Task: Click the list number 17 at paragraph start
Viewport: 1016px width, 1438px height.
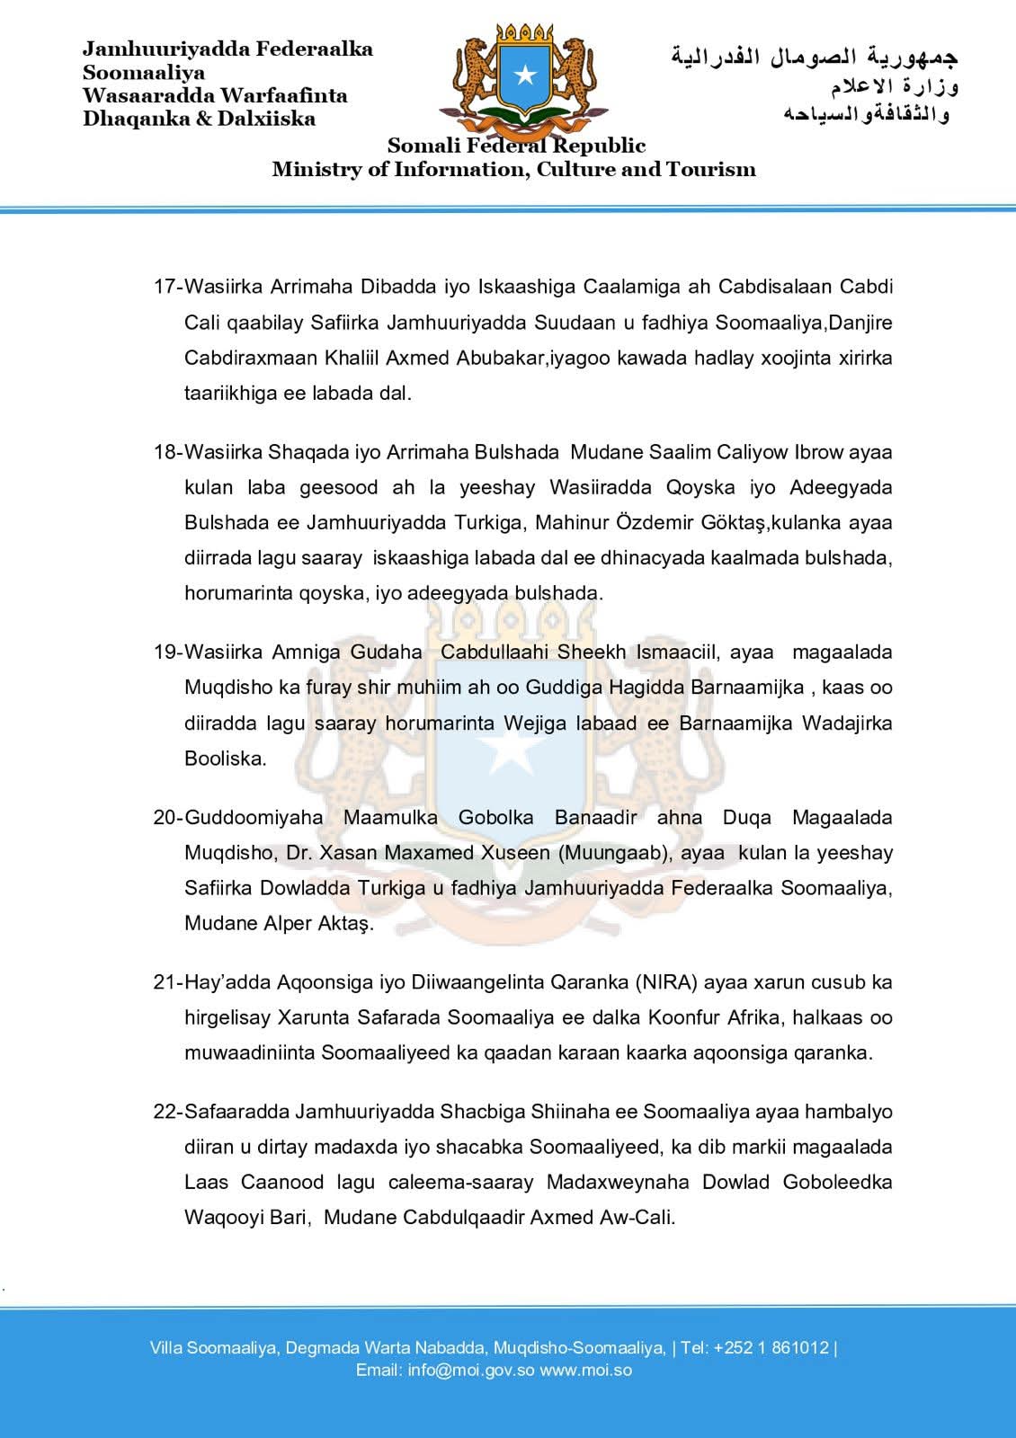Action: [x=165, y=287]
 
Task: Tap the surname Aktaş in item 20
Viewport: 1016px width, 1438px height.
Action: [x=342, y=924]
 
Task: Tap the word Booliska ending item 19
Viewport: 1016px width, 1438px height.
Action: [x=226, y=759]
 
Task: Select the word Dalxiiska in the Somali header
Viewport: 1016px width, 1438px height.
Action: [x=266, y=119]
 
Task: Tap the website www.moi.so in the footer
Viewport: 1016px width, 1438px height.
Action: [x=585, y=1371]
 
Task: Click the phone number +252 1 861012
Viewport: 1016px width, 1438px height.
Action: [x=771, y=1348]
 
